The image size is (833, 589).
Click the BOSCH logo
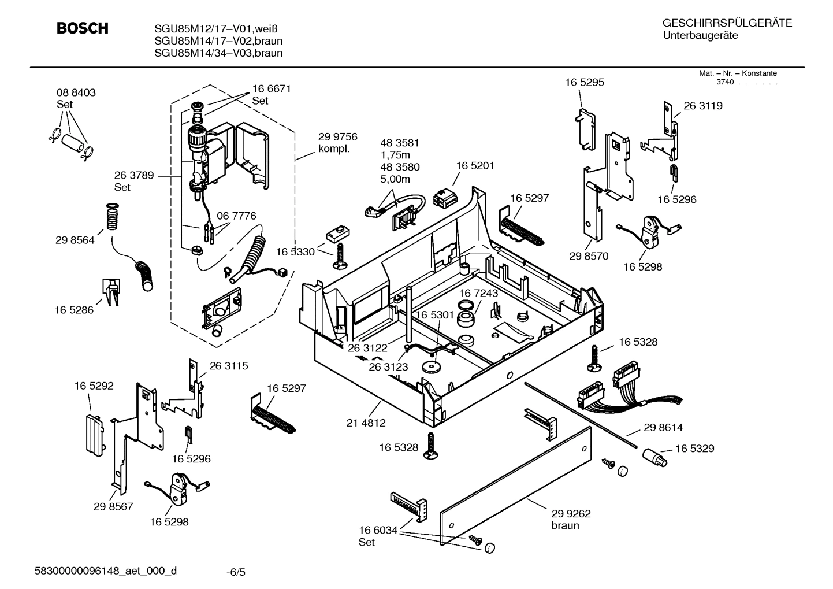click(82, 28)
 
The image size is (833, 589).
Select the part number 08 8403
click(76, 92)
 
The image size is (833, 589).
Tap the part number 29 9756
click(337, 137)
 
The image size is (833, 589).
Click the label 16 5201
click(475, 166)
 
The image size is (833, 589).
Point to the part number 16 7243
click(478, 293)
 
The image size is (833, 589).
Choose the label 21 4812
click(366, 423)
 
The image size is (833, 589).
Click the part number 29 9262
click(571, 513)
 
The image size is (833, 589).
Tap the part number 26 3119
click(702, 106)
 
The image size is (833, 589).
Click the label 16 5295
click(585, 83)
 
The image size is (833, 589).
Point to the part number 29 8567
click(113, 506)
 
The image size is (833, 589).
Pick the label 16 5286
click(74, 310)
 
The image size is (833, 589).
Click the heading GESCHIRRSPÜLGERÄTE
click(727, 24)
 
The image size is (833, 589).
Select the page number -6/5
click(236, 572)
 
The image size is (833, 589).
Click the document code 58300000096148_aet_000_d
click(106, 571)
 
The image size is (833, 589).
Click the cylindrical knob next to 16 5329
click(654, 458)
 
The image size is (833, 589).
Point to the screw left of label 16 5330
click(340, 254)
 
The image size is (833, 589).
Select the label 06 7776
click(236, 216)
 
